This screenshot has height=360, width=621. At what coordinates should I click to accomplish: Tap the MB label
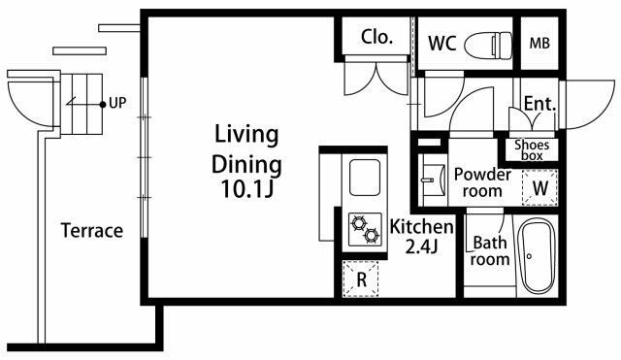[539, 43]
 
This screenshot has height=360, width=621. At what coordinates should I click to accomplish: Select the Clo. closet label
[376, 37]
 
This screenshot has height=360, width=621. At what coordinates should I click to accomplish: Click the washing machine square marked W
[540, 187]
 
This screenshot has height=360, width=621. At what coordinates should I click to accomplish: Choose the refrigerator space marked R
[361, 278]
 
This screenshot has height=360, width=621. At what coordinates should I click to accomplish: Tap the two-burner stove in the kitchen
[365, 229]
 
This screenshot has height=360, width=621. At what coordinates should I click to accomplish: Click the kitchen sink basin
[365, 178]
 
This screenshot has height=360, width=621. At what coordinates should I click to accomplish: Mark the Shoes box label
[532, 149]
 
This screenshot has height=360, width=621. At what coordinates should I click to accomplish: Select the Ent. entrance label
[540, 104]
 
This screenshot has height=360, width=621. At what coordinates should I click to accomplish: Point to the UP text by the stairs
[117, 103]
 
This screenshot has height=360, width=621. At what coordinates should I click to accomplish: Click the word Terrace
[92, 231]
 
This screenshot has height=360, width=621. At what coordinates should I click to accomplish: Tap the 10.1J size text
[247, 188]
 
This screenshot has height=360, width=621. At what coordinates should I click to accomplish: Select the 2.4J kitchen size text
[422, 247]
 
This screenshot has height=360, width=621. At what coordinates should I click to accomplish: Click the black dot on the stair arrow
[103, 105]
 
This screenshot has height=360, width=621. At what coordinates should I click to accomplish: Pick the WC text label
[442, 43]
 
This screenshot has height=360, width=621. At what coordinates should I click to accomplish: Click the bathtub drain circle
[529, 256]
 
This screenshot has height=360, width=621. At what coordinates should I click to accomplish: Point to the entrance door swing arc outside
[603, 112]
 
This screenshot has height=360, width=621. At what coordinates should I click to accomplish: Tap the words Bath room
[490, 250]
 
